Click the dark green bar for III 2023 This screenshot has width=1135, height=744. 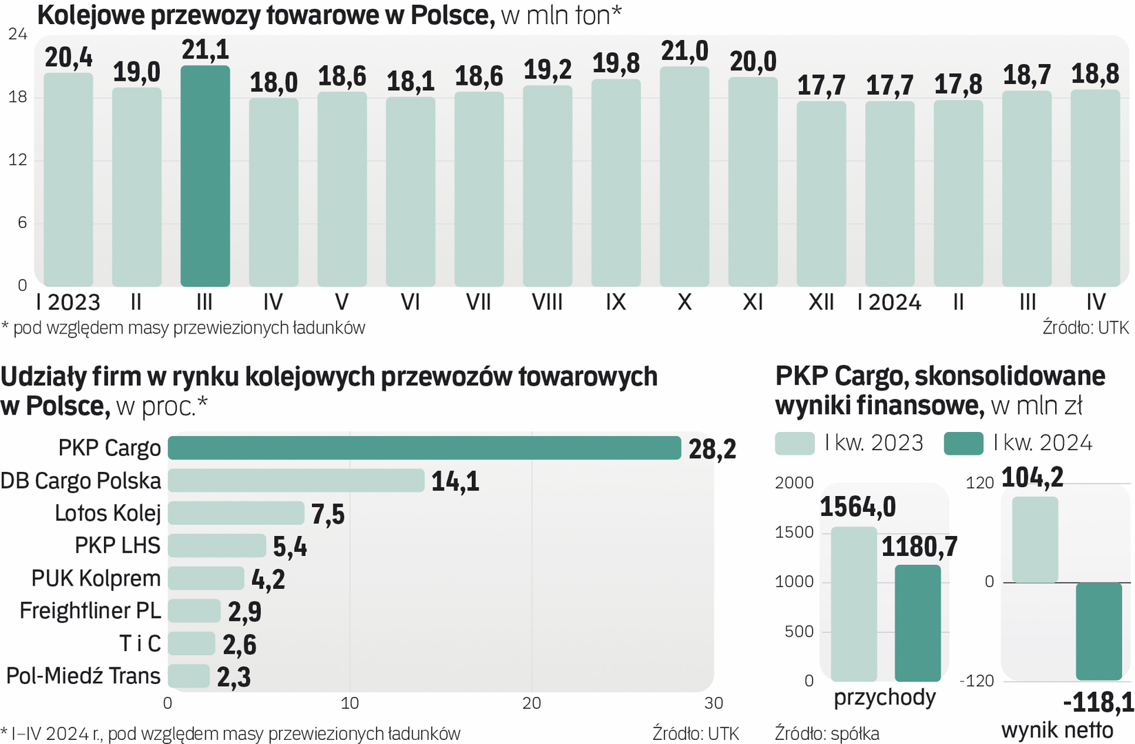click(205, 176)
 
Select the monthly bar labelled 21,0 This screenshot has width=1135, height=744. click(684, 176)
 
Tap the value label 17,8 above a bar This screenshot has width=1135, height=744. click(958, 85)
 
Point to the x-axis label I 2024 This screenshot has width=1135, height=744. click(889, 302)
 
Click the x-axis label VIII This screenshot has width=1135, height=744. click(547, 302)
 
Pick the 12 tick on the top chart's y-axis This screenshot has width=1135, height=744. click(18, 160)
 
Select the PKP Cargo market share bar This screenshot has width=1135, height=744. click(424, 448)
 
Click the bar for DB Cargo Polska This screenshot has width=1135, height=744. click(296, 480)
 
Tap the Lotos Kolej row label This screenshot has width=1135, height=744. click(107, 513)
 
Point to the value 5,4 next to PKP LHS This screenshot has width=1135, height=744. click(290, 546)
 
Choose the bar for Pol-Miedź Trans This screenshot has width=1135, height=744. click(189, 676)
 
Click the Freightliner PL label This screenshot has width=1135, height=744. click(90, 611)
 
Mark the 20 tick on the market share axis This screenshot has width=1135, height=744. click(532, 703)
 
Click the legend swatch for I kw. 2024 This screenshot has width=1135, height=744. click(963, 443)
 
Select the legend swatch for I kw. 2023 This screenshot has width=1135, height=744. click(795, 443)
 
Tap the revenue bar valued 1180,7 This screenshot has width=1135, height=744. click(917, 623)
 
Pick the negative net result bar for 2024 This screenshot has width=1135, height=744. click(1098, 631)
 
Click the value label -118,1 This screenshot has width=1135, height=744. click(1098, 703)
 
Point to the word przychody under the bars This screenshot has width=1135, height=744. click(884, 698)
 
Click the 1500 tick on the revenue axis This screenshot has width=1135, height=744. click(794, 533)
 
